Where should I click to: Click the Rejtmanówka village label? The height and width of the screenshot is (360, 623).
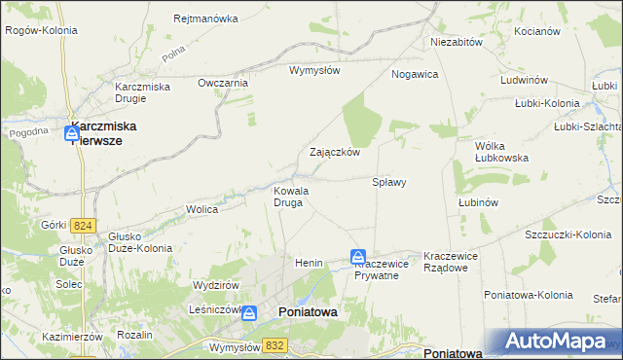(205, 18)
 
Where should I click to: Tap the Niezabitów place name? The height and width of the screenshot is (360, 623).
(457, 43)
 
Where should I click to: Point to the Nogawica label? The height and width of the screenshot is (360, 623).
(415, 74)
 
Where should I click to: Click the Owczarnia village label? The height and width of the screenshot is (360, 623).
(223, 83)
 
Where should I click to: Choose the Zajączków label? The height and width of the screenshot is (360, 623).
(335, 153)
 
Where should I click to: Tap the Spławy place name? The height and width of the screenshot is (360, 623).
(389, 182)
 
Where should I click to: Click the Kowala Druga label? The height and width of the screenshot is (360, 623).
(291, 197)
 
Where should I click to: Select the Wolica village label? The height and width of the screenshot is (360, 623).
(202, 209)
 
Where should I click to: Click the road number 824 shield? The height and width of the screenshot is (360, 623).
(83, 226)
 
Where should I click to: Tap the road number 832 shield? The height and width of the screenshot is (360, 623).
(275, 344)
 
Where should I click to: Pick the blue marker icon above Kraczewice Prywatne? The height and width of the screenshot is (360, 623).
(358, 257)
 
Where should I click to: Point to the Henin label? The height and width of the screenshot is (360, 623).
(309, 263)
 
